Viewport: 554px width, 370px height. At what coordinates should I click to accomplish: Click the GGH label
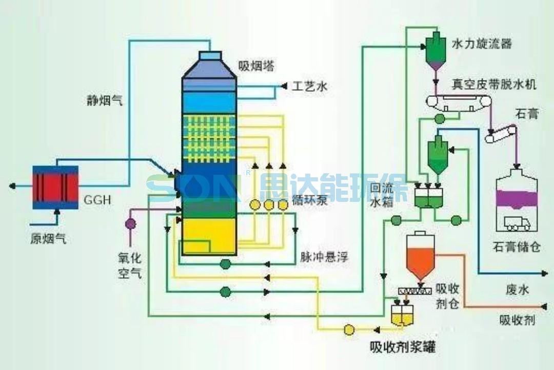click(97, 199)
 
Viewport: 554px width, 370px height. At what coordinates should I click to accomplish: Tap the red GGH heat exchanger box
click(55, 187)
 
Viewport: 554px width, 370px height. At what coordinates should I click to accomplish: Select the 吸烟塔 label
click(256, 66)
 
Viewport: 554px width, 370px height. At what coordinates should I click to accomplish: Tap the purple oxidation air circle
click(130, 223)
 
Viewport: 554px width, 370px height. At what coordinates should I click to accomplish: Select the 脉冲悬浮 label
click(324, 257)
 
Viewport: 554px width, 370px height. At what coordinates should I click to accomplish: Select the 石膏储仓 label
click(516, 247)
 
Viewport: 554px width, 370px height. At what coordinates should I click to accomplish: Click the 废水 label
click(517, 290)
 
